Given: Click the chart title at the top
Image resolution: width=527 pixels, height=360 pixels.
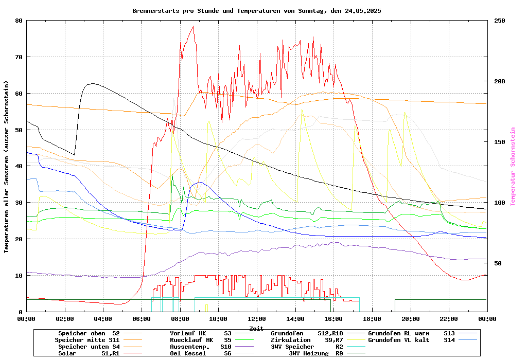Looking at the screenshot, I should tap(256, 11).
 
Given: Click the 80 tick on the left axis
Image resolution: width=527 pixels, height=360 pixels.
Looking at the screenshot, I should tap(19, 21).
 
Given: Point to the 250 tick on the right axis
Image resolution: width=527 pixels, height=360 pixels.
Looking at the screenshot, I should tap(500, 21).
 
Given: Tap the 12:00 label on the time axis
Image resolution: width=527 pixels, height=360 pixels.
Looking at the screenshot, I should tap(256, 319).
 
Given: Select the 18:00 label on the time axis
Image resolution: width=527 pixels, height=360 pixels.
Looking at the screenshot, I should tap(372, 319).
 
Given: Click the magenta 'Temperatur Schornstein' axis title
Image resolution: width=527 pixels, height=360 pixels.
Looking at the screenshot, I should tap(513, 166).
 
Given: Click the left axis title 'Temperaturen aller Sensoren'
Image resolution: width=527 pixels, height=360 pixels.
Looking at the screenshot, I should tap(7, 166).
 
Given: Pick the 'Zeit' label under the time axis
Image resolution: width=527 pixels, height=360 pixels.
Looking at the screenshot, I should tap(256, 328).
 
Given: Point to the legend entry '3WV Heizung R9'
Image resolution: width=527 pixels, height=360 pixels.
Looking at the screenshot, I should tap(315, 353).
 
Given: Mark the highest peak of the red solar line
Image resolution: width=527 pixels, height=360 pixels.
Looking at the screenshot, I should tap(193, 26).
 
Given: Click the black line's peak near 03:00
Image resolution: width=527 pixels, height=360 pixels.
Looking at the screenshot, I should tap(92, 83).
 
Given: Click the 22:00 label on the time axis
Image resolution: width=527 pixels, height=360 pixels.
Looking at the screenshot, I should tap(449, 319).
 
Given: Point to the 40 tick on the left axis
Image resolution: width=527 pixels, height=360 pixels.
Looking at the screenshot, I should tap(19, 166).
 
